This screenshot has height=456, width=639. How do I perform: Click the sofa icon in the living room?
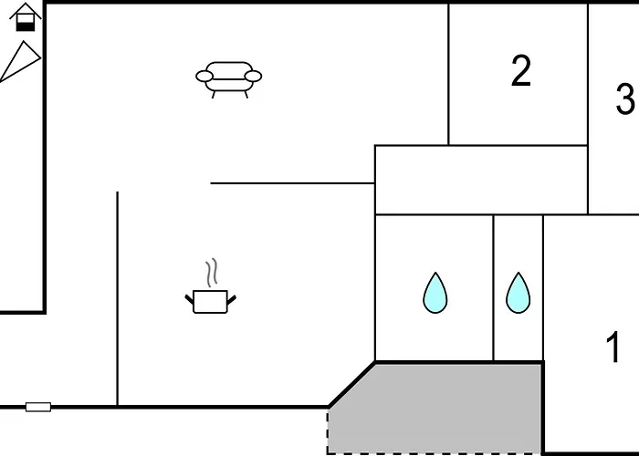pos(228,79)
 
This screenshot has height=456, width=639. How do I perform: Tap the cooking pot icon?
pos(210,302)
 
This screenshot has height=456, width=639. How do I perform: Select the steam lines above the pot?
pos(212,273)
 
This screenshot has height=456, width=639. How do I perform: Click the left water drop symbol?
pos(435,293)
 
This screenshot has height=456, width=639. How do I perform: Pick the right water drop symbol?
pos(519,293)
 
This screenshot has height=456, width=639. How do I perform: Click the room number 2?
pos(521,71)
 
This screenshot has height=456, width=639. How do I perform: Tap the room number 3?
pos(625,98)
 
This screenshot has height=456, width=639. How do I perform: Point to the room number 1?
pos(613,347)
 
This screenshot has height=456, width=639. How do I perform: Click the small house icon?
pos(26,17)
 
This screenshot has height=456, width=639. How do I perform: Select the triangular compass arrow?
pos(20,60)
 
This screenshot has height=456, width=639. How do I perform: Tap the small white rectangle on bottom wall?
pos(38,407)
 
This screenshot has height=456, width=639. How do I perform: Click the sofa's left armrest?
pos(204,76)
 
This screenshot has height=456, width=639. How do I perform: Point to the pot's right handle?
pos(232,300)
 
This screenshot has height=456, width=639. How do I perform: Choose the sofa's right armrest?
pos(253,76)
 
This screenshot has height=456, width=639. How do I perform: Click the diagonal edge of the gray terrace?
pos(352,384)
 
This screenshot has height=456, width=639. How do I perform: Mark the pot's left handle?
pos(190,300)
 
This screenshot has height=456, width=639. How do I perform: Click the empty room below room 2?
pos(481,180)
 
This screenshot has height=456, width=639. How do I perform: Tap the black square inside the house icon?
pos(26,26)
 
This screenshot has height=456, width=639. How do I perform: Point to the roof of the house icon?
pos(26,10)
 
